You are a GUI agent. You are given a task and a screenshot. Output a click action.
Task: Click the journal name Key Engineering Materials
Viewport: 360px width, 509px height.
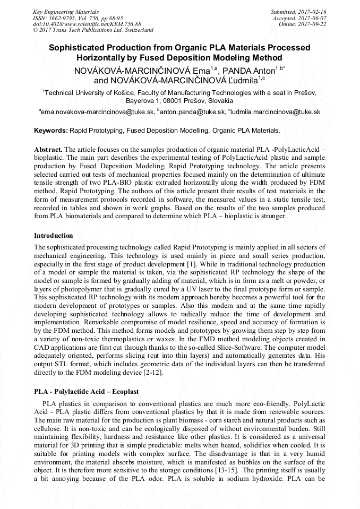65,11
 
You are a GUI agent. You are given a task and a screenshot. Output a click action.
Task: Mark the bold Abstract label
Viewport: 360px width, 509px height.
48,150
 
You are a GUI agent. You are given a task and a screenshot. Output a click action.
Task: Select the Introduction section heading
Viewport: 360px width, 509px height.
54,235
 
